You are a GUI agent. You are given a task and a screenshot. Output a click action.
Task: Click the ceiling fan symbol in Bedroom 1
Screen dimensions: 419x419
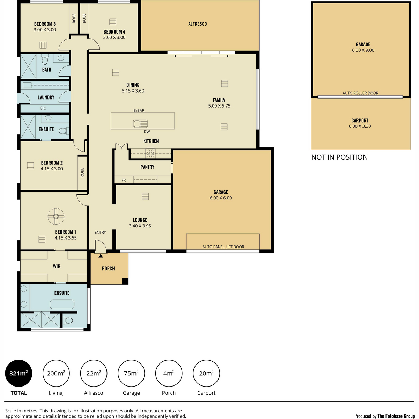point(56,216)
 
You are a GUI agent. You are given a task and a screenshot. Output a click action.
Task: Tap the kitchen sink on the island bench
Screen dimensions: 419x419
point(140,124)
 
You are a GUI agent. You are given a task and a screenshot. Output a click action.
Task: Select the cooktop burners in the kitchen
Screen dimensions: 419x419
point(150,153)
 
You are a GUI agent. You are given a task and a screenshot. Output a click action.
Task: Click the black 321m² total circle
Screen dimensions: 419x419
point(19,373)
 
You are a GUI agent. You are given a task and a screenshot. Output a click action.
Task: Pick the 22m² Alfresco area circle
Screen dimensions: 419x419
point(94,373)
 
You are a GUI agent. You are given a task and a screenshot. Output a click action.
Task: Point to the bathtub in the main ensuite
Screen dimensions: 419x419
point(62,304)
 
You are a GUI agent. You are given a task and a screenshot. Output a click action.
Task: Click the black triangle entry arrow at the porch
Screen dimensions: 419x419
point(101,256)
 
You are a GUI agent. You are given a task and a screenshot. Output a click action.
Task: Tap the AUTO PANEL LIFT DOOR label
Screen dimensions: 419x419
point(223,247)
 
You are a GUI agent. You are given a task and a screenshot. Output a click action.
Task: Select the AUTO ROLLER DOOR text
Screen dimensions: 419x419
point(360,93)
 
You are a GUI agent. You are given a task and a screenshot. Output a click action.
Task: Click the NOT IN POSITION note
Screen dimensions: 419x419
point(339,157)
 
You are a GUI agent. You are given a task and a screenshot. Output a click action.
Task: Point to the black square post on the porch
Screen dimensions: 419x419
point(125,281)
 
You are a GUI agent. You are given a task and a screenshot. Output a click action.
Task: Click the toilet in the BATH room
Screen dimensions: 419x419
point(45,60)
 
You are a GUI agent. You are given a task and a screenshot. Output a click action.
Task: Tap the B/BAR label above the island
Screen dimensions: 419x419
point(139,110)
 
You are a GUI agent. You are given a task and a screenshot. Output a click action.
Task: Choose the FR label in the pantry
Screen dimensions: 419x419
point(124,180)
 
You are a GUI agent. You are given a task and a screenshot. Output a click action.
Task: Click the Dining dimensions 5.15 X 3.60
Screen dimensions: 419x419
point(133,91)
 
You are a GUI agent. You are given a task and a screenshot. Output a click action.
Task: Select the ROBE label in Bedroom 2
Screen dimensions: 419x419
point(82,172)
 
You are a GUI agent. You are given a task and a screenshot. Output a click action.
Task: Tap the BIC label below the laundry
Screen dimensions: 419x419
point(43,108)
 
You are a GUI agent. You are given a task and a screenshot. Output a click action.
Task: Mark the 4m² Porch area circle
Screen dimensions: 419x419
point(169,373)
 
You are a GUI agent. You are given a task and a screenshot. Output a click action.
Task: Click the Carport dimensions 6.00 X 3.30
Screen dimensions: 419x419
point(360,126)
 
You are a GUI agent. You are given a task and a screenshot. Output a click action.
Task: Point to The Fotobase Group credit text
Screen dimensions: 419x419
point(396,416)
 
